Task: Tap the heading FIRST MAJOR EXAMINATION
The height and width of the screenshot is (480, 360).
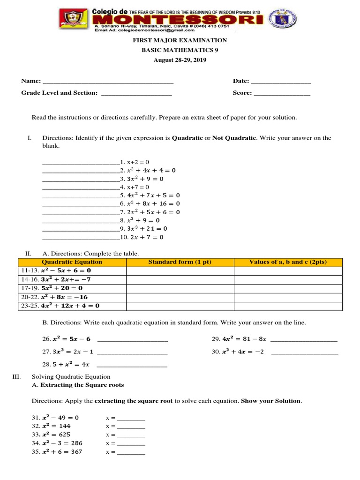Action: click(180, 41)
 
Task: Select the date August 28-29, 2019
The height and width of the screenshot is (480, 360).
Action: click(180, 60)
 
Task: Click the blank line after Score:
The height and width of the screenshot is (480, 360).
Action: click(282, 93)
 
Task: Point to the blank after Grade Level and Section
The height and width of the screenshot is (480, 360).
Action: click(136, 93)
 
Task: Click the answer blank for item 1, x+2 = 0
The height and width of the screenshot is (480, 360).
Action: click(81, 162)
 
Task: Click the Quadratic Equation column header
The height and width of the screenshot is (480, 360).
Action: click(72, 262)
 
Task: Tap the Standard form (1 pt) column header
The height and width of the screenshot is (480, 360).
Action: click(180, 262)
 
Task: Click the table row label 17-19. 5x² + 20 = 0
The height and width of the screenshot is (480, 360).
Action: click(52, 288)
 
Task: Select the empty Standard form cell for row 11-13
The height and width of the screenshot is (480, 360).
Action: click(180, 271)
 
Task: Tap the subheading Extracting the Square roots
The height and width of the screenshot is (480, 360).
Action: click(82, 385)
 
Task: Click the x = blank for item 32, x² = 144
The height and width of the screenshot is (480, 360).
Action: click(131, 427)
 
